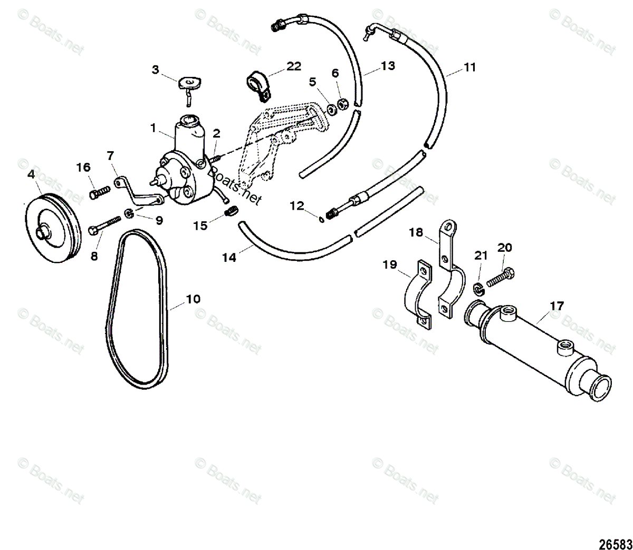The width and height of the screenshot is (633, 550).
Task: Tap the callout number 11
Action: (x=470, y=67)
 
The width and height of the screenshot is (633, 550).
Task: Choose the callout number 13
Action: (x=388, y=66)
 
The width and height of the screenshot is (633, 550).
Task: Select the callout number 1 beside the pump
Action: (x=152, y=127)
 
